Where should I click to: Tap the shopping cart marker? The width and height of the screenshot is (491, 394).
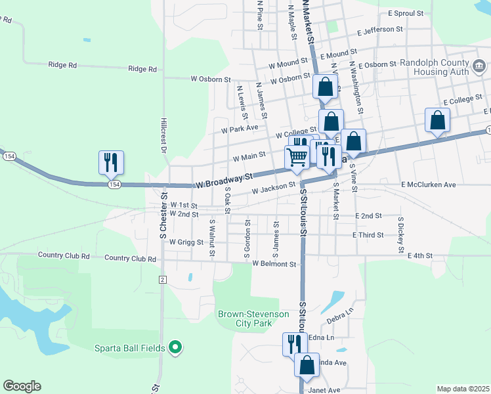297,158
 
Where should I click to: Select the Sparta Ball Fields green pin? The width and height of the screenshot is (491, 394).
175,347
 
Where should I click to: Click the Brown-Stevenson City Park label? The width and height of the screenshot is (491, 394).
253,318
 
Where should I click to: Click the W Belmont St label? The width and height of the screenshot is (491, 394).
275,264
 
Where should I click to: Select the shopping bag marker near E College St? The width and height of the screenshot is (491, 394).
437,120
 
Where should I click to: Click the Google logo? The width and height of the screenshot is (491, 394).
22,386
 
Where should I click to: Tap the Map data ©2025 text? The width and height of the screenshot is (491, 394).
463,389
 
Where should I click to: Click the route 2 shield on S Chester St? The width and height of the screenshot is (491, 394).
162,280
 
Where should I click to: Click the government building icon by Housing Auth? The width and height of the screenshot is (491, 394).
479,66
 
